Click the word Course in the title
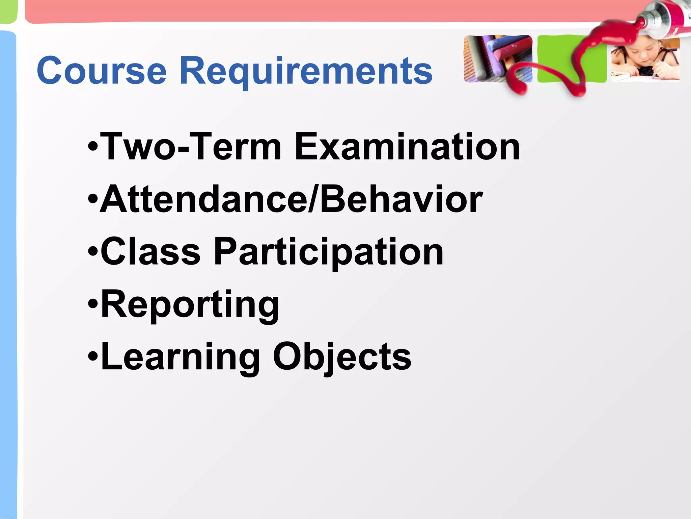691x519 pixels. point(102,71)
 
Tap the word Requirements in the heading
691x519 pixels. point(306,72)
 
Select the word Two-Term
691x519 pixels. point(191,147)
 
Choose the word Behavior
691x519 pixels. point(401,199)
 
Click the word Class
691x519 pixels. point(150,252)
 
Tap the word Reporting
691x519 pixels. point(190,305)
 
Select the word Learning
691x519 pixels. point(181,357)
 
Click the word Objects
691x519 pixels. point(342,357)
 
